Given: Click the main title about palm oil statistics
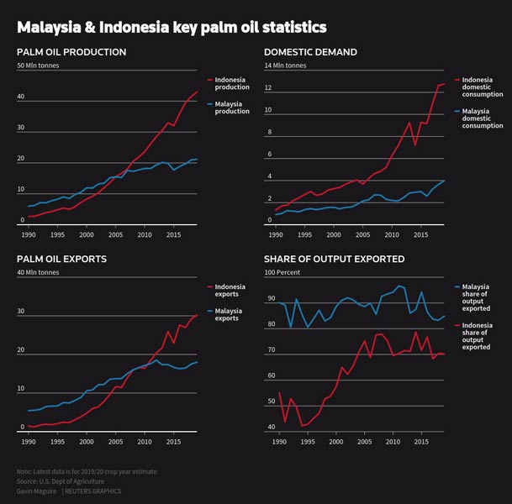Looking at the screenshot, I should tap(172, 28).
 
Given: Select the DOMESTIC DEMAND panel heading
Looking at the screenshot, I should tap(310, 52).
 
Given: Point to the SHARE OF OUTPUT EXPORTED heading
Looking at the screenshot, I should tap(334, 259).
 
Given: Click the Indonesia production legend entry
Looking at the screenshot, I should tap(232, 83).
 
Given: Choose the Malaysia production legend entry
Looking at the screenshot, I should tap(232, 108).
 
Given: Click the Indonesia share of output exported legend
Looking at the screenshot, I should tap(476, 335).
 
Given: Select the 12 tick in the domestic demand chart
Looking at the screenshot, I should tap(269, 87).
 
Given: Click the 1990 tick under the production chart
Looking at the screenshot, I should tap(29, 233).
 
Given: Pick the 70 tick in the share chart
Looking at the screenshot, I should tap(270, 349).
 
